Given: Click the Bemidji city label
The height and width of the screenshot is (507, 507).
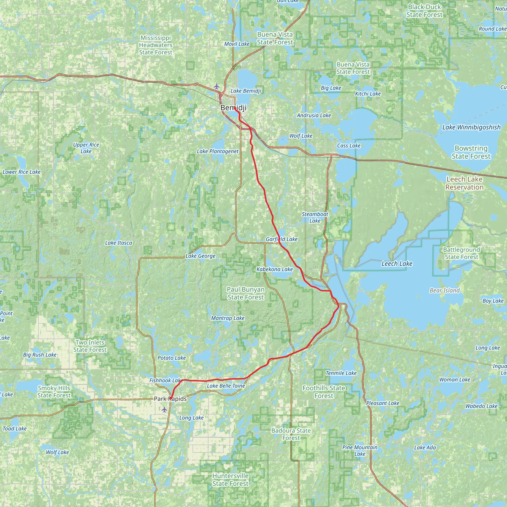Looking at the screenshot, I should click(x=233, y=108).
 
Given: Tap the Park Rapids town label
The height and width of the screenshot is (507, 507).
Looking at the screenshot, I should click(x=170, y=399).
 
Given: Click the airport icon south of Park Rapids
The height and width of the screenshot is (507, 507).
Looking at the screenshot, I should click(x=164, y=409).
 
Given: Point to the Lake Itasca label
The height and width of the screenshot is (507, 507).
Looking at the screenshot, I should click(x=118, y=243).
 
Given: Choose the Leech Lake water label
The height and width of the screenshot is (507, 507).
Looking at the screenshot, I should click(x=397, y=263).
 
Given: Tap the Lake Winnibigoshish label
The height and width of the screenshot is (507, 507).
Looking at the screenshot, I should click(x=471, y=127).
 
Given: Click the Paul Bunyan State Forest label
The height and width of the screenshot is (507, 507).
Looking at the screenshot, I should click(x=246, y=293).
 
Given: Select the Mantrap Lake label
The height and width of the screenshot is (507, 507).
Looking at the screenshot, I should click(x=228, y=318).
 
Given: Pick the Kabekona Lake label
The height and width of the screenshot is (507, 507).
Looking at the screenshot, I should click(x=275, y=269).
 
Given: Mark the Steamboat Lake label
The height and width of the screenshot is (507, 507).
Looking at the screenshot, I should click(x=315, y=217).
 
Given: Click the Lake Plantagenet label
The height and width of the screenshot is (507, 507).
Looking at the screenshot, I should click(x=218, y=152).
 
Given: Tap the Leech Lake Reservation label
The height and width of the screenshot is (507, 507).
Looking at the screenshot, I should click(x=464, y=183).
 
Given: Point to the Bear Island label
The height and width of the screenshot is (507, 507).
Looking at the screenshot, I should click(x=445, y=290).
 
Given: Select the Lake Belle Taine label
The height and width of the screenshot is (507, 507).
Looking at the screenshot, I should click(x=226, y=386).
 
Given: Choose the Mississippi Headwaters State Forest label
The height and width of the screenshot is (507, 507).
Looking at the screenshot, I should click(x=156, y=45).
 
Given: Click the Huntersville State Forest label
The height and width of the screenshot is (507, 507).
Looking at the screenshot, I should click(x=230, y=480).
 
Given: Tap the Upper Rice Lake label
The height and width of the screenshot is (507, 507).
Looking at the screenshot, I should click(x=86, y=148).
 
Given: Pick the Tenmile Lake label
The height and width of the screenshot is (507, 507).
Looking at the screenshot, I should click(x=341, y=373).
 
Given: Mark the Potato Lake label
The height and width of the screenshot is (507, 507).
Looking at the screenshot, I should click(x=172, y=358).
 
